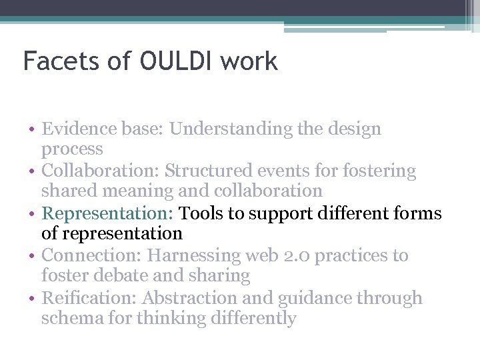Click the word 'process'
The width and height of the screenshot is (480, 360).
point(72,149)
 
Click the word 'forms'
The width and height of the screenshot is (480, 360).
point(416,213)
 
